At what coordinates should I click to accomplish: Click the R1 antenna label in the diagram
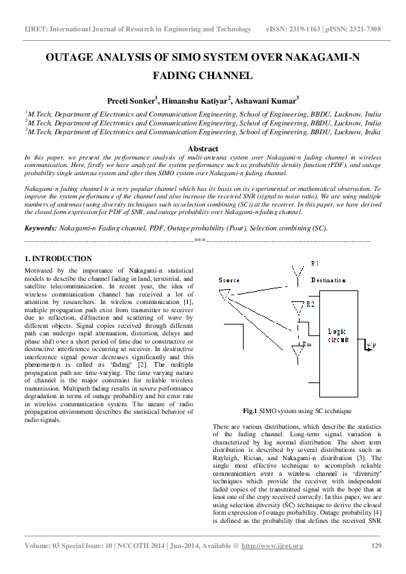click(315, 263)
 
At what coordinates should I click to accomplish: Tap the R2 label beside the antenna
click(311, 303)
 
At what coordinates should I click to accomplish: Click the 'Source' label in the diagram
click(229, 280)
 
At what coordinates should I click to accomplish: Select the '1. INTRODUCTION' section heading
click(58, 259)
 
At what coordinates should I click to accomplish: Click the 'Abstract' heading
click(203, 149)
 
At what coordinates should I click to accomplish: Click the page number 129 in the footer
click(376, 546)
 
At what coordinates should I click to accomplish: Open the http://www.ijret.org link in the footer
click(273, 546)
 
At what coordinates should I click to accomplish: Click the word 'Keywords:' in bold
click(41, 228)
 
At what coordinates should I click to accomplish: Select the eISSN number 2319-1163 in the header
click(308, 29)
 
